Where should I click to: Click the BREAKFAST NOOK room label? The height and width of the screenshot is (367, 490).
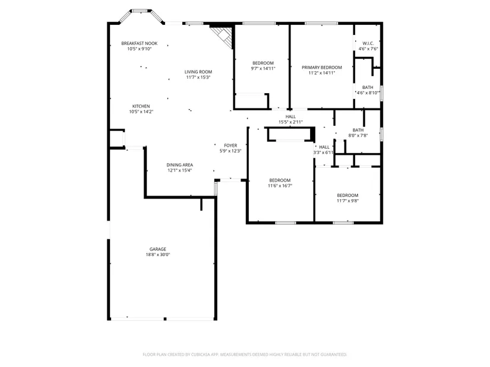[140, 43]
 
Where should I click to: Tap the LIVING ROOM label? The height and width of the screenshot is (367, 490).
[198, 72]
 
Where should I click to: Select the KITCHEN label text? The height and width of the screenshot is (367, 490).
[141, 106]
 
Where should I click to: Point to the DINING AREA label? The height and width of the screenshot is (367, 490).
[180, 165]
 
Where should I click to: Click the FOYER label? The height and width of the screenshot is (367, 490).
[230, 145]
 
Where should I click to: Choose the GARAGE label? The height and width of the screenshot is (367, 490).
[158, 249]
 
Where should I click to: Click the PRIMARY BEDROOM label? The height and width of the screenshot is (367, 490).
[322, 68]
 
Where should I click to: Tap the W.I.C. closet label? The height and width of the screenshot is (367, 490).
[368, 43]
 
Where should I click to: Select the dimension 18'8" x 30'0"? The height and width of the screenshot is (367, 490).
[158, 255]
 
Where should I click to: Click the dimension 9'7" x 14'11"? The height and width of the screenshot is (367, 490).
[263, 69]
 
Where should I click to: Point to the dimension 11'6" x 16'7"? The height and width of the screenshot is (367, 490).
[280, 186]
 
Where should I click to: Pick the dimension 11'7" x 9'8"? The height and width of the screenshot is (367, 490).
[348, 201]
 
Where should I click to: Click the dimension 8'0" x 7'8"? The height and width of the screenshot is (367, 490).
[358, 136]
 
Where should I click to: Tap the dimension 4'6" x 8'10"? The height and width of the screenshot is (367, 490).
[368, 93]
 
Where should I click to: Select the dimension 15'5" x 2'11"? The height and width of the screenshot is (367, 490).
[290, 122]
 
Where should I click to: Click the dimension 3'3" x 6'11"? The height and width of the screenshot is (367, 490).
[324, 152]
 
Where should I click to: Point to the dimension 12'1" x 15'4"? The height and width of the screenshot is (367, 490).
[180, 170]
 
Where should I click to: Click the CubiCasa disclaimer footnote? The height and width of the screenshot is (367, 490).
[245, 355]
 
